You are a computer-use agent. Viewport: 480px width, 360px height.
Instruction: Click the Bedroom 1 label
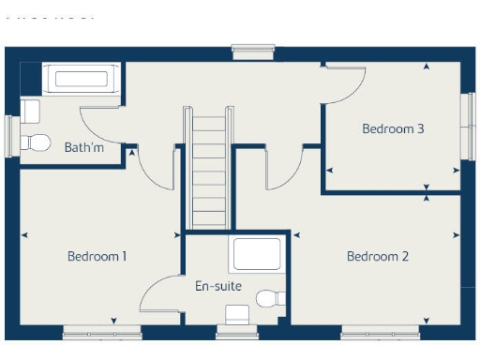pyautogui.click(x=97, y=256)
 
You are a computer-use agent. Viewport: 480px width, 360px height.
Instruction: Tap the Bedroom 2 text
pyautogui.click(x=378, y=256)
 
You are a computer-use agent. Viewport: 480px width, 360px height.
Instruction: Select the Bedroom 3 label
pyautogui.click(x=393, y=128)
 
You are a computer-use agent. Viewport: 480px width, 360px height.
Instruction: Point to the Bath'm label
pyautogui.click(x=82, y=147)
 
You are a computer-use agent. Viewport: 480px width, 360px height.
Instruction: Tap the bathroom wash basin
pyautogui.click(x=30, y=111)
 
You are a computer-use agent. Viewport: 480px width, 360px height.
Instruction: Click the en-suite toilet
pyautogui.click(x=270, y=299)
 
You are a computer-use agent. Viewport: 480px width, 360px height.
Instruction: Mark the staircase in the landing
pyautogui.click(x=209, y=169)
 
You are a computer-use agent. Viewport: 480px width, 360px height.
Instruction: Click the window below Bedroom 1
pyautogui.click(x=102, y=332)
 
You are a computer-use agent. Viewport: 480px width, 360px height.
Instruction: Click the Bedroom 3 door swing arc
pyautogui.click(x=343, y=89)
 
